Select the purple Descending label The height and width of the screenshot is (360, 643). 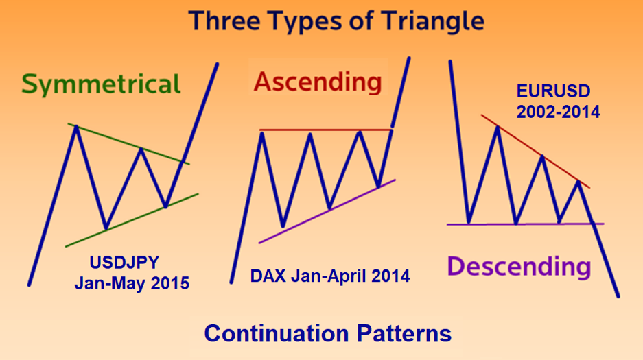click(x=519, y=267)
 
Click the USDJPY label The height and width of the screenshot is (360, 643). click(x=124, y=263)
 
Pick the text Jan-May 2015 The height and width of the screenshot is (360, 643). click(x=132, y=283)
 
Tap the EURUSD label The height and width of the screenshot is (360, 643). click(x=553, y=91)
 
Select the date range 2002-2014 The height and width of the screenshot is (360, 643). click(x=558, y=112)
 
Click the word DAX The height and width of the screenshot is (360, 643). click(x=268, y=276)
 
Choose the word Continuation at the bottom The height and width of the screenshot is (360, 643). click(x=276, y=333)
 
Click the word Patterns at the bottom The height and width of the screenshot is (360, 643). click(x=404, y=333)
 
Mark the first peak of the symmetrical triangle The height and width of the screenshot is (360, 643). click(x=76, y=127)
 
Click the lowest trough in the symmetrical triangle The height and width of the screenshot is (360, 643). click(x=106, y=228)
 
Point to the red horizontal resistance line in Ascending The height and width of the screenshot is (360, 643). click(x=326, y=130)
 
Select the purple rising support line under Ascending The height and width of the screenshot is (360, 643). click(x=327, y=211)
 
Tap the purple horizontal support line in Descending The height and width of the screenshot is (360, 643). click(x=525, y=224)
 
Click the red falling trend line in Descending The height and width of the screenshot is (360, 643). click(x=535, y=152)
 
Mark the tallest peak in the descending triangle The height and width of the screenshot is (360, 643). click(x=498, y=128)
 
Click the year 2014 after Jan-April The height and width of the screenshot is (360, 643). click(x=390, y=276)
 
